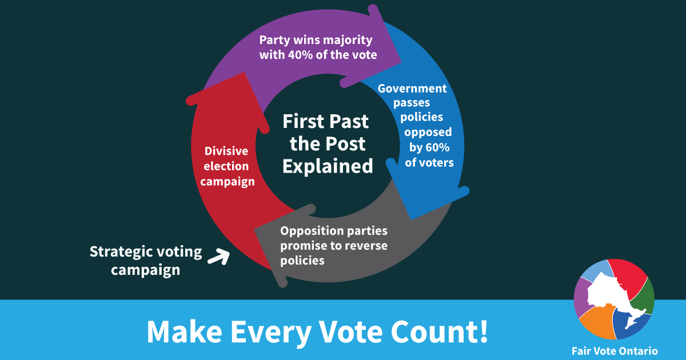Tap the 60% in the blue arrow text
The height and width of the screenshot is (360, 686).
pyautogui.click(x=438, y=147)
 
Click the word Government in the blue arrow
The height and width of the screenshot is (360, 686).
pyautogui.click(x=412, y=89)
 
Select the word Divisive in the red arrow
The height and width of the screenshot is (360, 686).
pyautogui.click(x=226, y=151)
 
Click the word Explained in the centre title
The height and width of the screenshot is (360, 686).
pyautogui.click(x=328, y=166)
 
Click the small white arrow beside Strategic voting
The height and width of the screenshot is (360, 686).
pyautogui.click(x=218, y=257)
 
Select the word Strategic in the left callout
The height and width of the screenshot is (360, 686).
pyautogui.click(x=122, y=252)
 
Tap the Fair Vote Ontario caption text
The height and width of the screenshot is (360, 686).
pyautogui.click(x=615, y=351)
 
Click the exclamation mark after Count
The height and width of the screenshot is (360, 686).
pyautogui.click(x=483, y=331)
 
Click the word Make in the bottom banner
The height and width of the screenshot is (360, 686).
pyautogui.click(x=184, y=331)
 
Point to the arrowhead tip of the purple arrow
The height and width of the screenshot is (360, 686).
pyautogui.click(x=401, y=63)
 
